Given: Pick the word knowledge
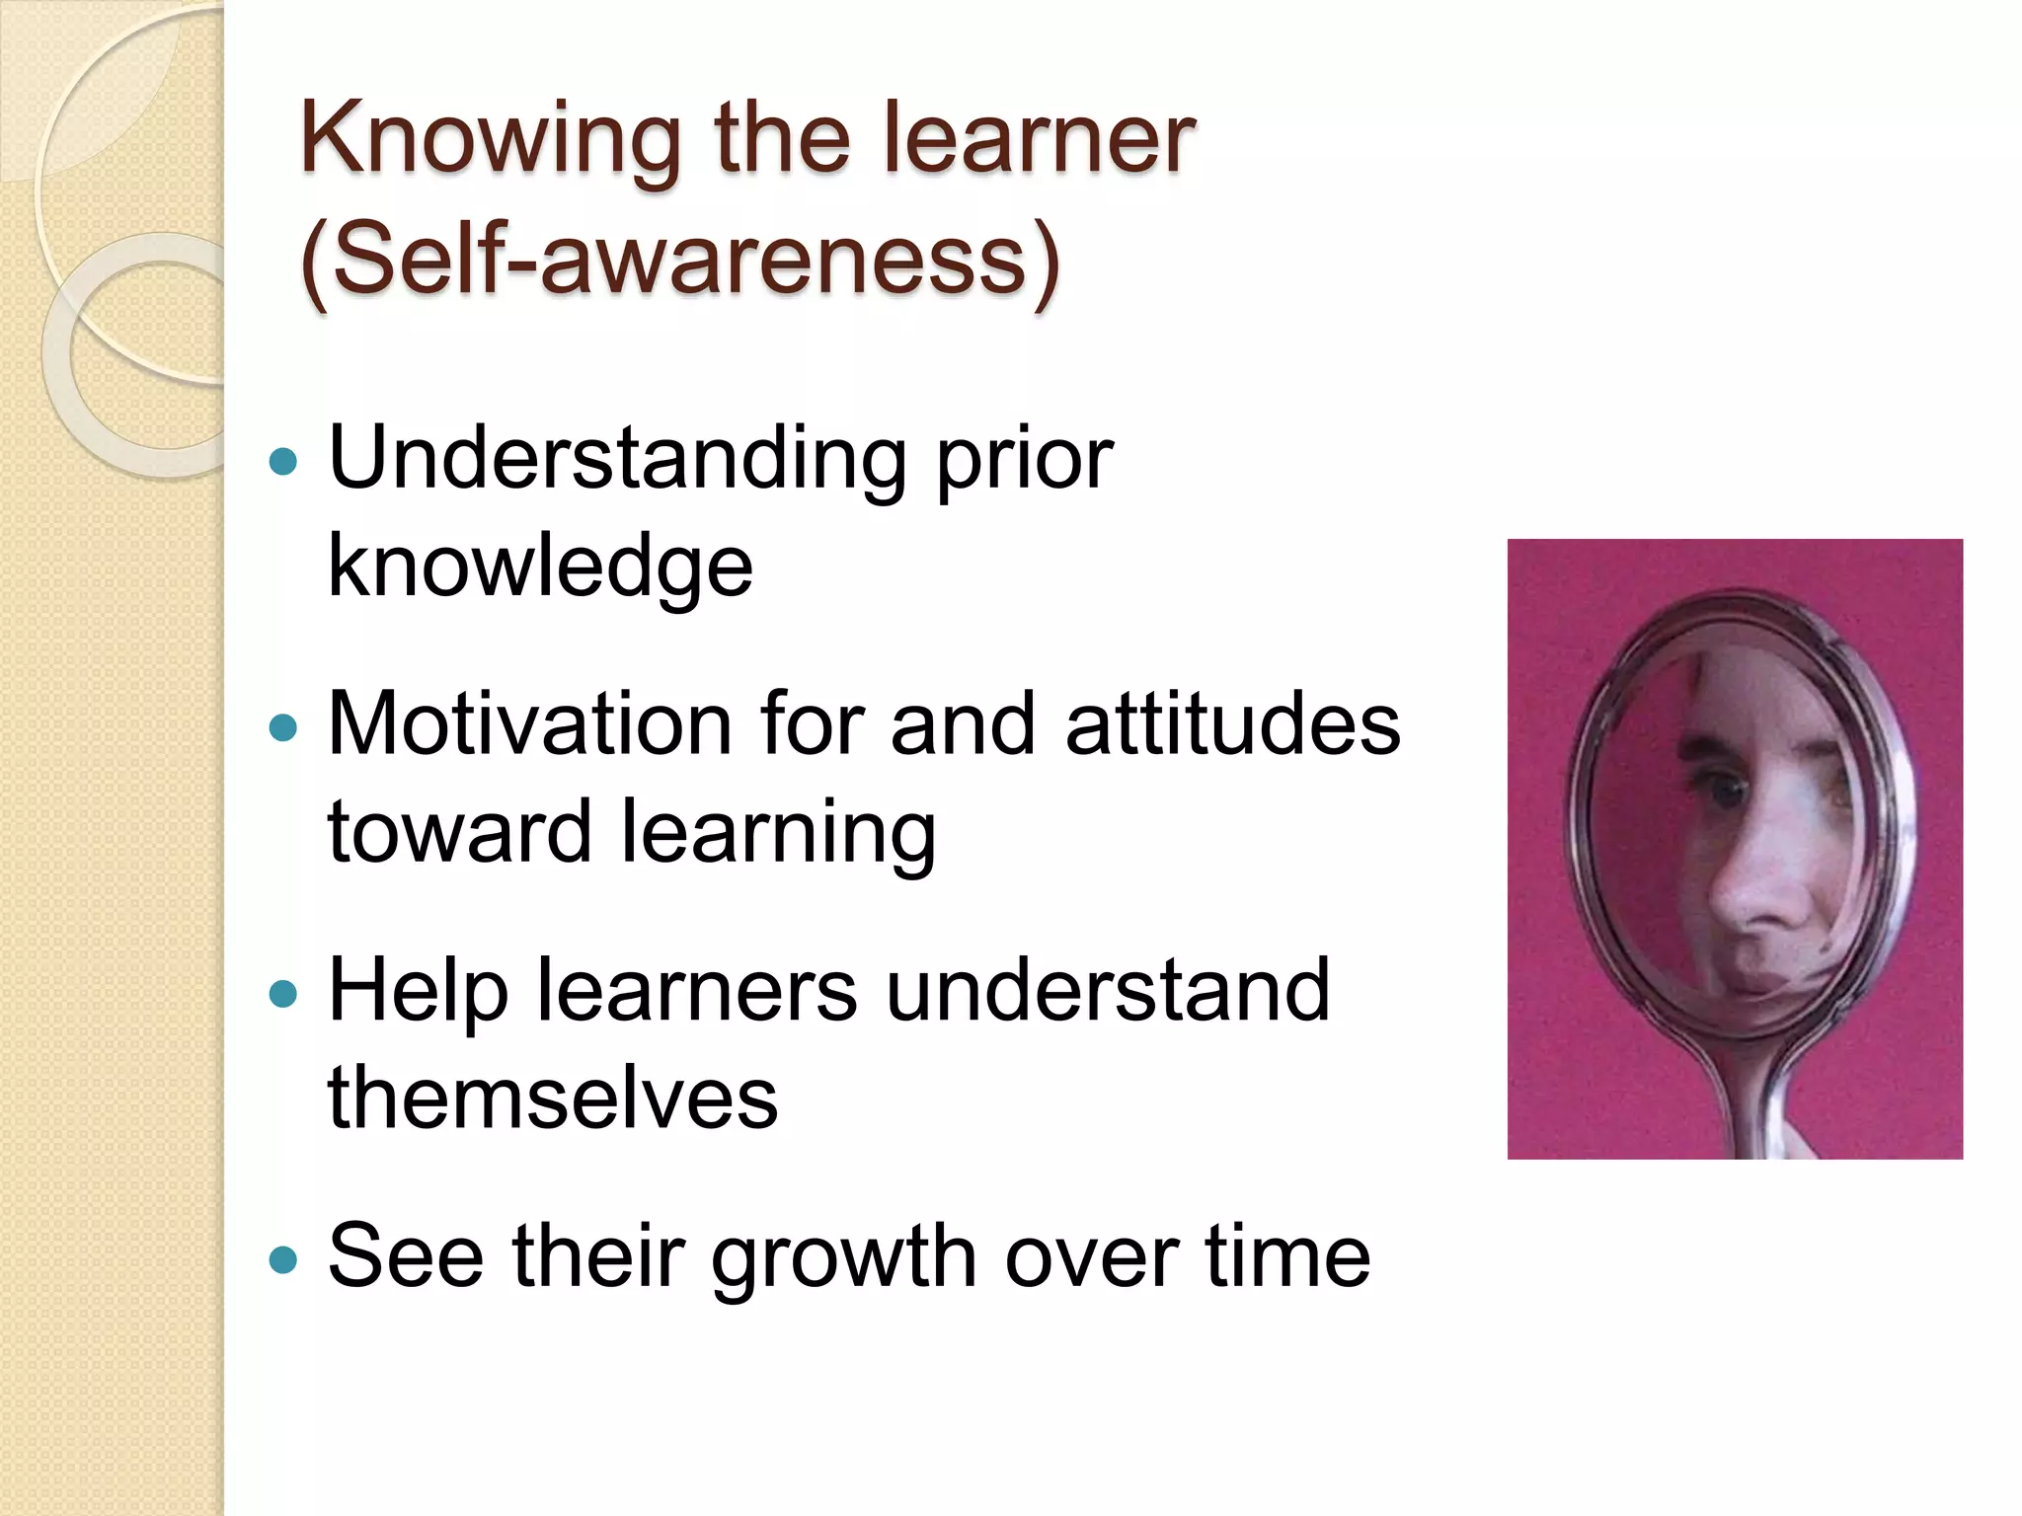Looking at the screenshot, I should point(540,567).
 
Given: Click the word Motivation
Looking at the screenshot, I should point(529,724).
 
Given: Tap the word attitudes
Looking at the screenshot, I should point(1233,724).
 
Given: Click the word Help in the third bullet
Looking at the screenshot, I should point(418,991).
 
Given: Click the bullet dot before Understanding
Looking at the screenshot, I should point(283,462).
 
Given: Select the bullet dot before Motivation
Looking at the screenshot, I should point(283,727).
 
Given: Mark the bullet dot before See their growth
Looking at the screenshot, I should point(283,1259).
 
